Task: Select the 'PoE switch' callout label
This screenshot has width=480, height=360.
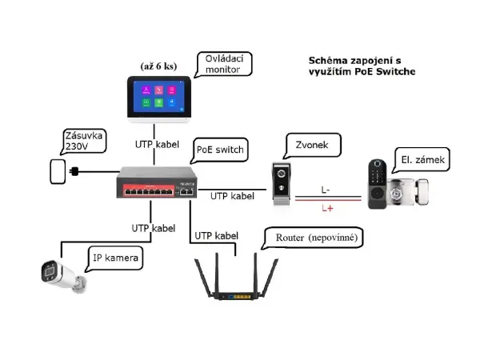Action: [x=220, y=150]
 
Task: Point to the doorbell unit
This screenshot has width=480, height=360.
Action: [x=282, y=185]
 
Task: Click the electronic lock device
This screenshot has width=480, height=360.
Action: [x=398, y=184]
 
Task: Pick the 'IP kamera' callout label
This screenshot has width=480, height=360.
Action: [x=116, y=258]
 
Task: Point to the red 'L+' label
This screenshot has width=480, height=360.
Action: [x=326, y=209]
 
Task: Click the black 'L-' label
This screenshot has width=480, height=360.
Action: [x=326, y=190]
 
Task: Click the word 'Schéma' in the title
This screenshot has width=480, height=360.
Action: [x=328, y=61]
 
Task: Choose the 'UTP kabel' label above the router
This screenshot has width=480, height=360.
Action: [x=217, y=235]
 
